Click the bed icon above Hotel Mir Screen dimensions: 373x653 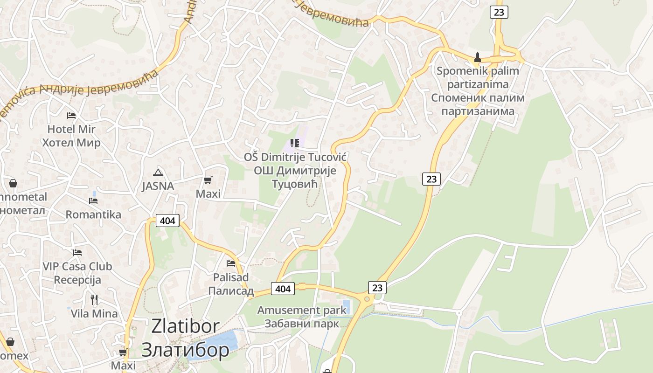point(71,115)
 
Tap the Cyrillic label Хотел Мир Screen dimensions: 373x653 point(71,142)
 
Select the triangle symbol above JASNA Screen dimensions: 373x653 point(158,173)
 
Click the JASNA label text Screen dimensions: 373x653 point(158,186)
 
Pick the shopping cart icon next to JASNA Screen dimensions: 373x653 point(208,180)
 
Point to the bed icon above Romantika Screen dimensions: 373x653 point(93,201)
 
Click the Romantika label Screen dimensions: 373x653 point(93,214)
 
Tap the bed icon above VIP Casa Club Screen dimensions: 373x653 point(77,253)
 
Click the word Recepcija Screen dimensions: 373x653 point(77,280)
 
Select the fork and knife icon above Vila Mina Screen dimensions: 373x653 point(94,299)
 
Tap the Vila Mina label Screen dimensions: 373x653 point(94,313)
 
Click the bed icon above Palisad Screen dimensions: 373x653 point(230,263)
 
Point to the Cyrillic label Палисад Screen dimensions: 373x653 point(231,291)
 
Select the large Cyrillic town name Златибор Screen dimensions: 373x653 point(185,350)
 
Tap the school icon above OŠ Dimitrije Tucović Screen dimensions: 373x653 point(294,143)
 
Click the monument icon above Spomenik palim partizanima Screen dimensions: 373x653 point(477,58)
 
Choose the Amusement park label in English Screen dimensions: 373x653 point(302,310)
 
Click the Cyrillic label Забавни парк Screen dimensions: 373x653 point(302,323)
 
